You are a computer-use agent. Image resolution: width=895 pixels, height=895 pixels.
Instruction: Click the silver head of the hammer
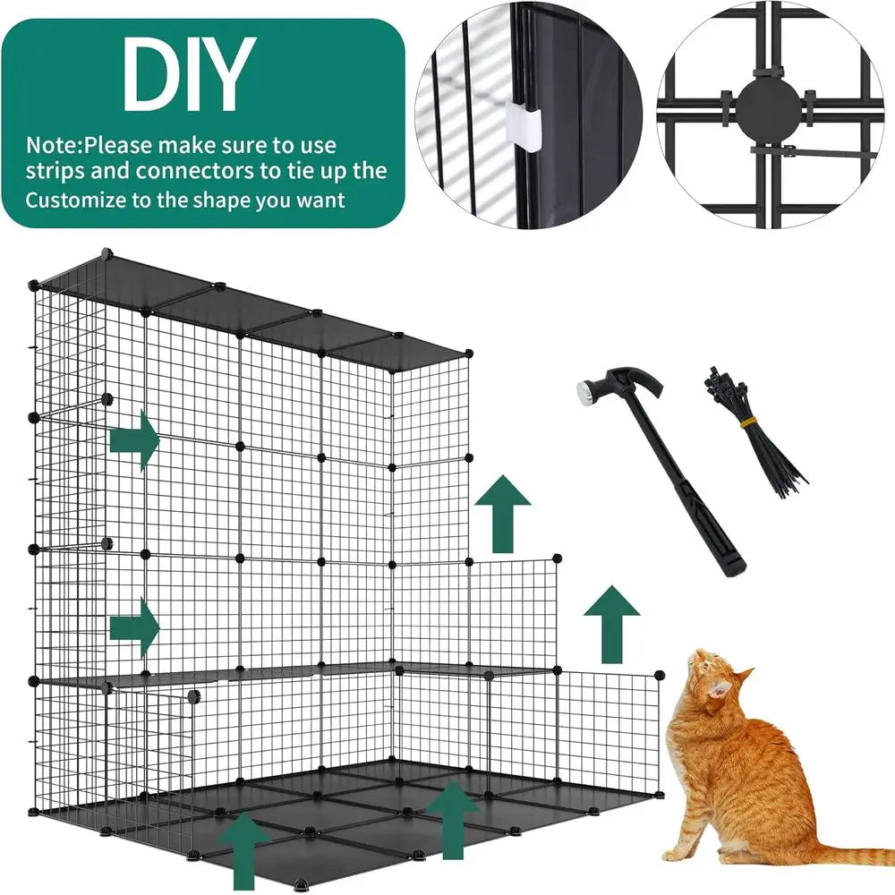588,390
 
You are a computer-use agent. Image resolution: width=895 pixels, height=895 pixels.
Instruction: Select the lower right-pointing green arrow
134,627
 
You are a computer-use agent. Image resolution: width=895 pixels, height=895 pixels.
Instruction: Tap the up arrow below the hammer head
501,513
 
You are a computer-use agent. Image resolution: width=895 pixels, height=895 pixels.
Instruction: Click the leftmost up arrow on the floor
244,850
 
